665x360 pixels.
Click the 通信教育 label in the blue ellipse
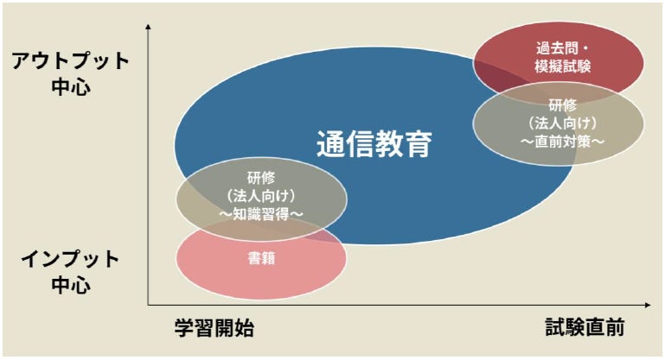point(374,143)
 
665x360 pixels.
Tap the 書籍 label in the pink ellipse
point(261,257)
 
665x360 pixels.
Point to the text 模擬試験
point(559,66)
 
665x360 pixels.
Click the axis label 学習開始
point(214,330)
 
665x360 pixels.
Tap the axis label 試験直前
point(585,330)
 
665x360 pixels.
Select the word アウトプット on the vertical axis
point(71,61)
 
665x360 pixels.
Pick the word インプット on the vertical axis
point(71,259)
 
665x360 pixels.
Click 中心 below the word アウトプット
point(71,87)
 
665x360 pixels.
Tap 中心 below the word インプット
point(71,285)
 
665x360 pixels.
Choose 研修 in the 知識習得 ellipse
point(261,178)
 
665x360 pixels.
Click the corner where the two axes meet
point(149,305)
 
